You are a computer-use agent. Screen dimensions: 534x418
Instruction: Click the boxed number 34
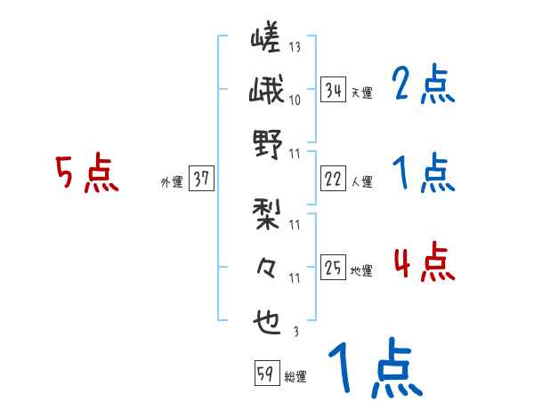pos(333,89)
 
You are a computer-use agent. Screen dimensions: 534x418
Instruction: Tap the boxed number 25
pos(333,267)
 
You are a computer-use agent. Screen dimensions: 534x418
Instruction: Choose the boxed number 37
pos(201,180)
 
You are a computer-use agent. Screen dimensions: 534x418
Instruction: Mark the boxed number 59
pos(266,374)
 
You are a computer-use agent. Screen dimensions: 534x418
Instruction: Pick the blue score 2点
pos(424,85)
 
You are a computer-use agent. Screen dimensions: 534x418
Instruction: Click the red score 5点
pos(86,174)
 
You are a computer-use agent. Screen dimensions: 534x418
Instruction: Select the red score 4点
pos(424,263)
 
